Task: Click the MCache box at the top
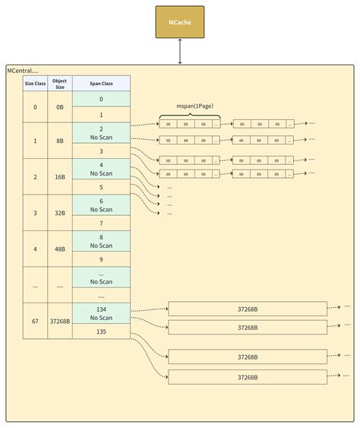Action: coord(179,22)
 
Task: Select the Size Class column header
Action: coord(35,83)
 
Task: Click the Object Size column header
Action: coord(60,83)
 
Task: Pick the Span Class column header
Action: coord(101,83)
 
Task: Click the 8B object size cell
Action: coord(60,141)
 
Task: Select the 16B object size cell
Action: coord(60,176)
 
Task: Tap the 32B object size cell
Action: coord(60,212)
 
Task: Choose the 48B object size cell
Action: coord(60,249)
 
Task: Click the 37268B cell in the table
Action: coord(60,321)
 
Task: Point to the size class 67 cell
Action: coord(35,321)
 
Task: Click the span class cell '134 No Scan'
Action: coord(101,312)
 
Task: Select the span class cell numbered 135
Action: coord(101,331)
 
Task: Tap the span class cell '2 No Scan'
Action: coord(101,132)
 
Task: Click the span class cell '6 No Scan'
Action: coord(101,204)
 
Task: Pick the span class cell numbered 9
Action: coord(101,259)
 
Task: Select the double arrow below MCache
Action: coord(179,51)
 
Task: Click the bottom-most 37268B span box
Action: coord(247,376)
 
